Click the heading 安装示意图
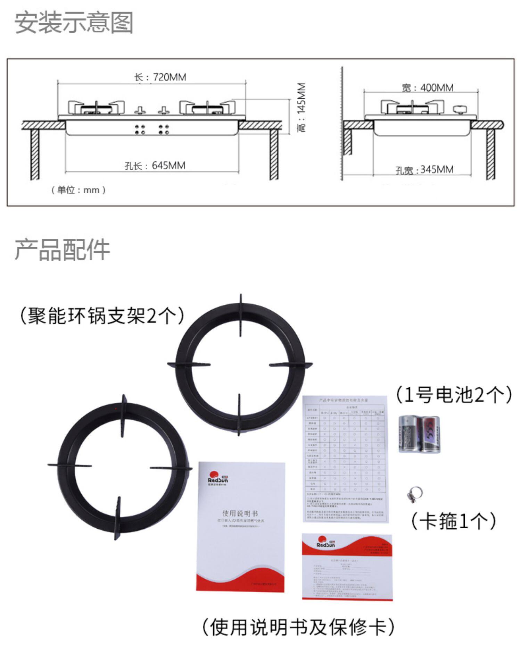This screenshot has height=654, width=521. tap(74, 23)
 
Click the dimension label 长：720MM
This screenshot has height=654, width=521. tap(160, 77)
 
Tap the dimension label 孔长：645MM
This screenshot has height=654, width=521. tap(155, 166)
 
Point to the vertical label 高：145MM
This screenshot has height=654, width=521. tap(301, 107)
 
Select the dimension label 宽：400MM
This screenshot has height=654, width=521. tap(428, 88)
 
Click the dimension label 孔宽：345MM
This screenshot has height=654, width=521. tap(424, 170)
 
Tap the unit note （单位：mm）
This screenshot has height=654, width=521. tap(78, 190)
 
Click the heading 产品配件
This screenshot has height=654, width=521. tap(63, 250)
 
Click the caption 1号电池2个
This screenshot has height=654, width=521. tap(454, 395)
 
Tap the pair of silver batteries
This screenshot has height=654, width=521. tap(419, 434)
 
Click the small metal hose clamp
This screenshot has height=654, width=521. tap(414, 494)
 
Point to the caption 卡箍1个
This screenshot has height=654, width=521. tap(454, 521)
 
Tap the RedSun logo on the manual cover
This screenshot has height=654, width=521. tap(218, 477)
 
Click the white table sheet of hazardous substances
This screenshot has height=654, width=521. tap(345, 458)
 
